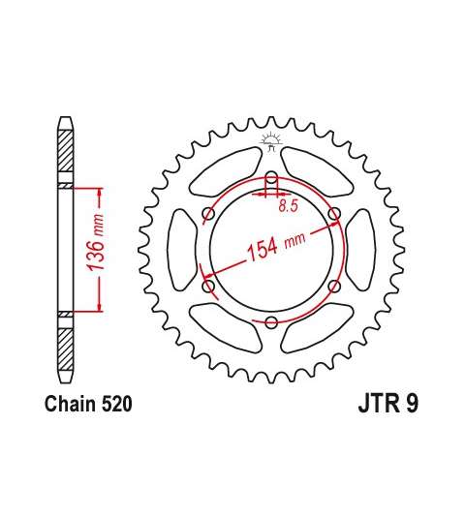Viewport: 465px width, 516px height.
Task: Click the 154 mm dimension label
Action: (276, 247)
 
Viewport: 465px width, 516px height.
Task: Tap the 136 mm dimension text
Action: (96, 242)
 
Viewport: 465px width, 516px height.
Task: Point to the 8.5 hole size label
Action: (288, 206)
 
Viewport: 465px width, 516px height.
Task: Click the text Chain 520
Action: (88, 404)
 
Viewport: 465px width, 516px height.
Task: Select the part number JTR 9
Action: (388, 404)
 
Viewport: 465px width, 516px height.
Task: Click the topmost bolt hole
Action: (271, 178)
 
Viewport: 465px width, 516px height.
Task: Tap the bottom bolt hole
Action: (271, 322)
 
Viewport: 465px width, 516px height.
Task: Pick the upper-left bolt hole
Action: (208, 214)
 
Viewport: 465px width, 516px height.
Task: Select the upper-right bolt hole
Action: (334, 214)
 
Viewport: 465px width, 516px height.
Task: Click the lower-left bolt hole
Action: (208, 286)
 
